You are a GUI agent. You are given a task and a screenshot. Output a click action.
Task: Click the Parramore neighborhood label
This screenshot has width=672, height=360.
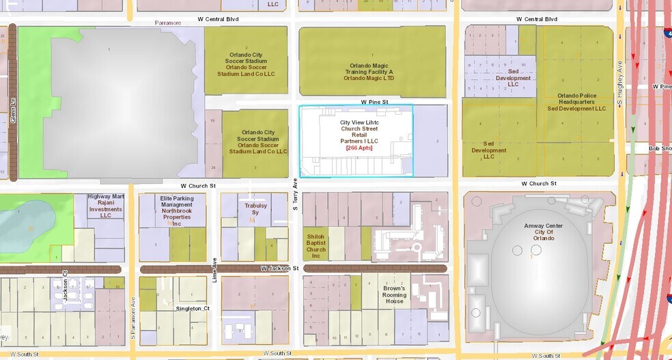point(167,23)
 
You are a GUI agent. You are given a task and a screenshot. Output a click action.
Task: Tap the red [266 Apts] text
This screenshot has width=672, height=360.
point(359,148)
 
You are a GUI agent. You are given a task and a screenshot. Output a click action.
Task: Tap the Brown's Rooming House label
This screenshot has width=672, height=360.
point(394,294)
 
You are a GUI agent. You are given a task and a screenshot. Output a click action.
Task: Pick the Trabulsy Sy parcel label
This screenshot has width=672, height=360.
point(255,209)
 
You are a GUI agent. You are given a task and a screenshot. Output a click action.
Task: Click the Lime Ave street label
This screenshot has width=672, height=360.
point(214,270)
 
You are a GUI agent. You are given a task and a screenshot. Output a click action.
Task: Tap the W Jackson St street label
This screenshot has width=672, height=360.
point(279,269)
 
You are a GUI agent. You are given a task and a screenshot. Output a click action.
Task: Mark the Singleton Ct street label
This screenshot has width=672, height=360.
point(188,308)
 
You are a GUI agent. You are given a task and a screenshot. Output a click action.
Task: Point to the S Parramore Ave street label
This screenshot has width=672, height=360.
point(134,317)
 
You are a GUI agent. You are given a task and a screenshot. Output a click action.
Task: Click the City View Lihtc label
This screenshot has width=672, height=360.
point(359,122)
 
